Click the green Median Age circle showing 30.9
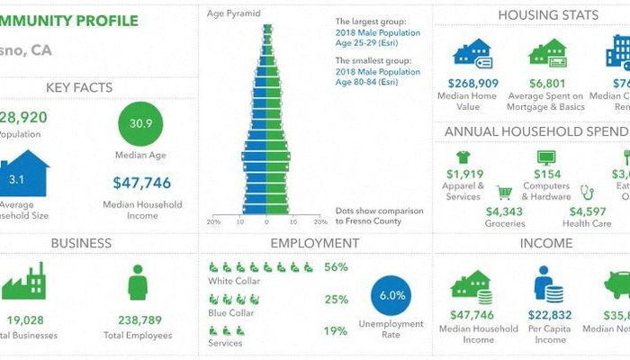(140, 122)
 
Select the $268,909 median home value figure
(472, 83)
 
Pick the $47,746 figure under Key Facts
(142, 183)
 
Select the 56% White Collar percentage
(336, 267)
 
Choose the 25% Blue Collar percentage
(336, 300)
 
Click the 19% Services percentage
(336, 330)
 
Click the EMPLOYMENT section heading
(314, 243)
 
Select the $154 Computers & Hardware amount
(547, 174)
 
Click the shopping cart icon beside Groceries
(505, 193)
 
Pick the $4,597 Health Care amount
(587, 211)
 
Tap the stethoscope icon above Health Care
(587, 193)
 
